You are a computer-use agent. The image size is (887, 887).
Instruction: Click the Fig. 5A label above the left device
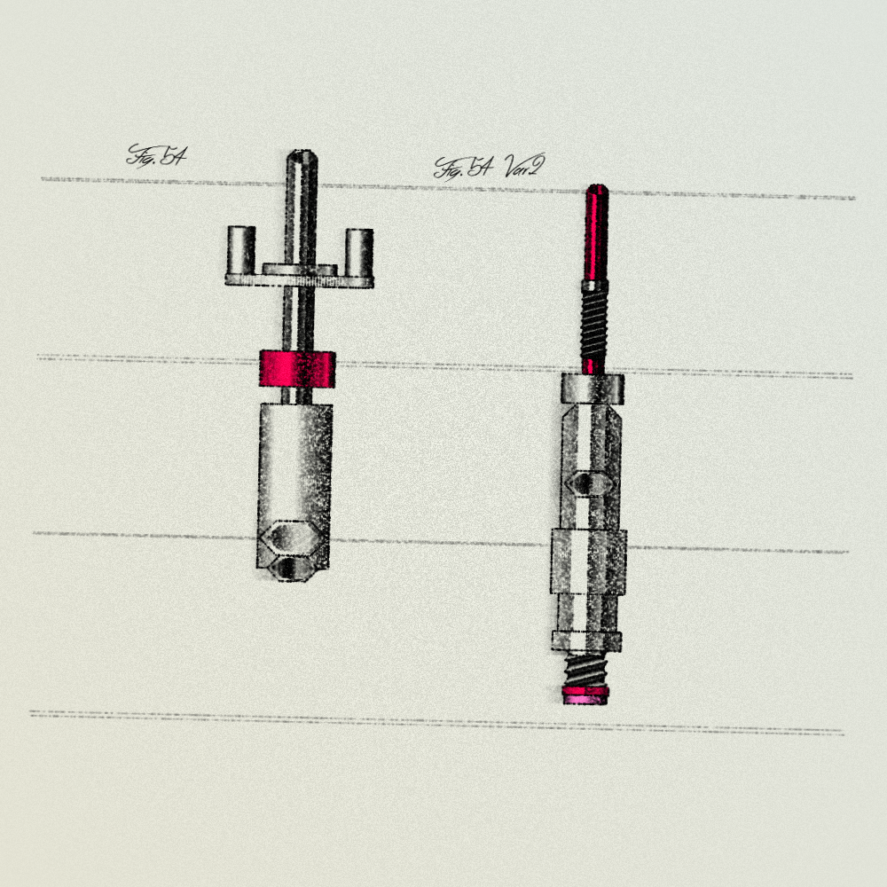(156, 155)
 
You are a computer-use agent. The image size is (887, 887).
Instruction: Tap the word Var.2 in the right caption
(524, 166)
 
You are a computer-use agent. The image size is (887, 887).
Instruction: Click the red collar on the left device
(297, 369)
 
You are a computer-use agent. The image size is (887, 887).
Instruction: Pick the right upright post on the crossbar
(359, 252)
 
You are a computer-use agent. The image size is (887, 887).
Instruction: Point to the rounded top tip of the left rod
(302, 153)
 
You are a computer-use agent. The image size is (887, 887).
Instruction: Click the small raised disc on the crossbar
(300, 270)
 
